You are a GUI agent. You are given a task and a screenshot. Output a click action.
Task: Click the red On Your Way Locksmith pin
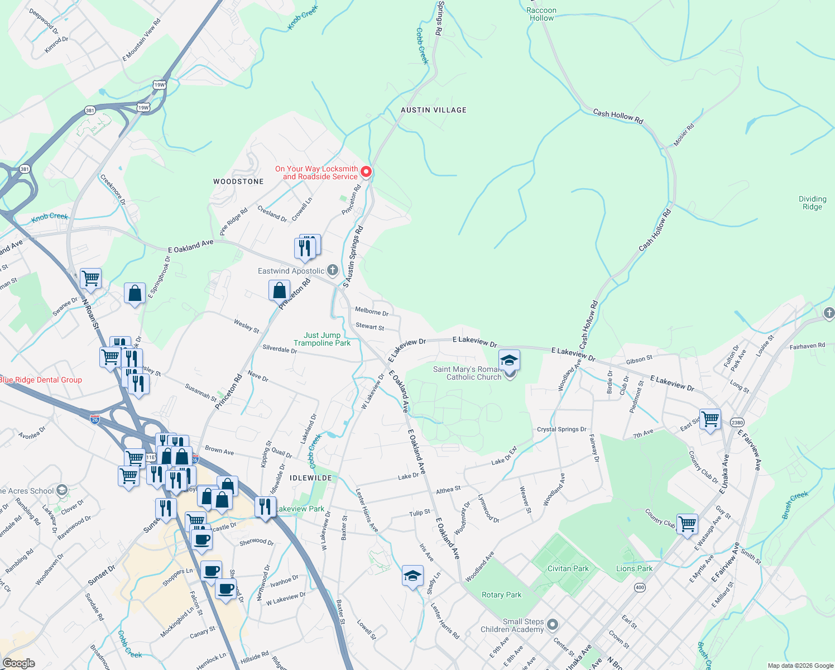[366, 172]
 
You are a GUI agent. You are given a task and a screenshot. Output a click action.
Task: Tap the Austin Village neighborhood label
[433, 110]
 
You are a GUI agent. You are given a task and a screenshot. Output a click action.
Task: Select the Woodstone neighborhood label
[238, 181]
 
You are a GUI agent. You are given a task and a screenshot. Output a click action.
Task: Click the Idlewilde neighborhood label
[311, 478]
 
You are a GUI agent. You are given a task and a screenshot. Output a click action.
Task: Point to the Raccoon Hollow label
[541, 14]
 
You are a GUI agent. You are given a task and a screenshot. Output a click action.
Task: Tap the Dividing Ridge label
[812, 203]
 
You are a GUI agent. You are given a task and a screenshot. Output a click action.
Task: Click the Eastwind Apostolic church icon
[332, 271]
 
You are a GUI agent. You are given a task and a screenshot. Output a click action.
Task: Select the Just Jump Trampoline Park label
[322, 339]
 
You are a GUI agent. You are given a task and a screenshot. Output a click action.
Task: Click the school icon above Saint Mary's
[509, 360]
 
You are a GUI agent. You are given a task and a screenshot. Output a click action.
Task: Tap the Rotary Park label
[501, 595]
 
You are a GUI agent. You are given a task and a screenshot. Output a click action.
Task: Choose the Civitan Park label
[568, 568]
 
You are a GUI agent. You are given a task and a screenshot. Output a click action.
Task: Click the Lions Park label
[634, 568]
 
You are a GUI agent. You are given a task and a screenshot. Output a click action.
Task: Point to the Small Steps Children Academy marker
[552, 624]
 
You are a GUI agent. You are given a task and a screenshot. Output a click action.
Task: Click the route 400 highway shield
[640, 587]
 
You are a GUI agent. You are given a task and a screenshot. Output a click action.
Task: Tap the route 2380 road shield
[737, 423]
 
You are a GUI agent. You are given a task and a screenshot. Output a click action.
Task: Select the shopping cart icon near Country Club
[687, 524]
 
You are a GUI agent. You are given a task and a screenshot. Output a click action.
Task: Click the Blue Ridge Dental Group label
[41, 380]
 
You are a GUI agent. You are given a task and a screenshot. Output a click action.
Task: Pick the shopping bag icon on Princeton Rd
[279, 291]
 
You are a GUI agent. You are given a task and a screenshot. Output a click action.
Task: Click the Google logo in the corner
[19, 663]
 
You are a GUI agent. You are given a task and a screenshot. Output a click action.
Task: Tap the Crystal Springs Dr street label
[562, 429]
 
